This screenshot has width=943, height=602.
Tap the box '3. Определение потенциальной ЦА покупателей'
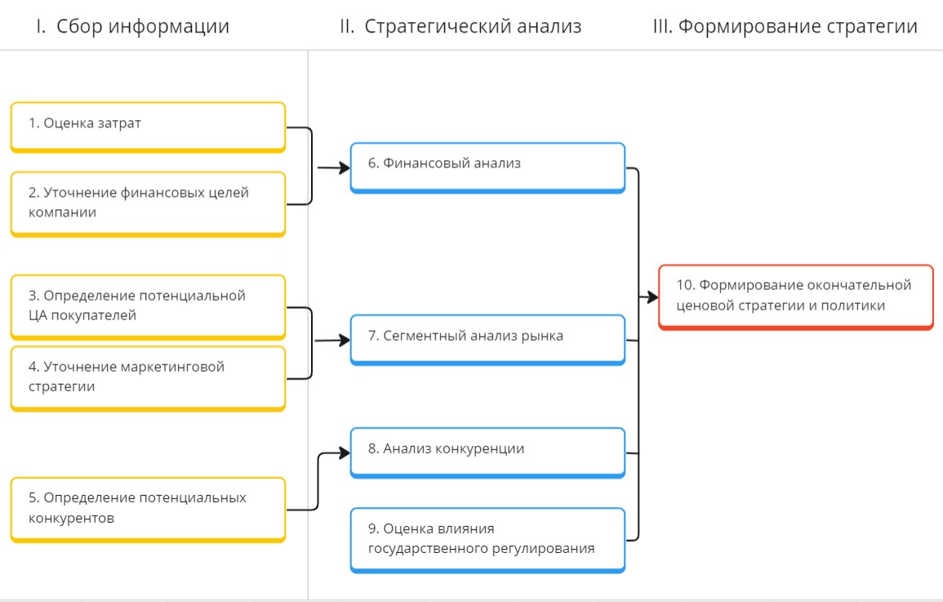pos(148,305)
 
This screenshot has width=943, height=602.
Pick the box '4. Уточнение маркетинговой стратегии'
pos(148,377)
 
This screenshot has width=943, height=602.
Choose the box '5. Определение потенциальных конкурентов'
pos(148,508)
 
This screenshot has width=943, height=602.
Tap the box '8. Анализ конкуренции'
pos(487,451)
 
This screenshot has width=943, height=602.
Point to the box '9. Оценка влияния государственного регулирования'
pos(487,539)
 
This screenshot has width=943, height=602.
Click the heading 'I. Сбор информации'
pos(133,26)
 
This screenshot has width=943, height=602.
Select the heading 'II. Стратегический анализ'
pos(460,26)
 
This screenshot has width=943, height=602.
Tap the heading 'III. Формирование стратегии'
pos(785,26)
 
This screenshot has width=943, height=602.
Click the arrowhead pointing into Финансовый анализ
pos(344,167)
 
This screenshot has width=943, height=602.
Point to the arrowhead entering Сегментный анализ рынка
pos(344,340)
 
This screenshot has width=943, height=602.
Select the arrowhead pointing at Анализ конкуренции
pos(345,452)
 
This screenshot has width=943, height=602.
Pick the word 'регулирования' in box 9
pos(542,549)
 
